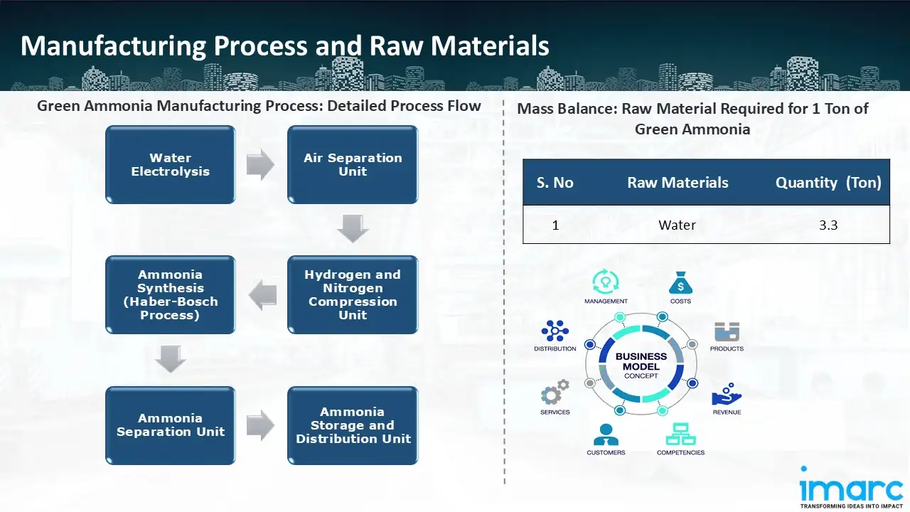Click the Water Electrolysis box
171,165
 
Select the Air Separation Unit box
353,165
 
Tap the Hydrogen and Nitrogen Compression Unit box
353,295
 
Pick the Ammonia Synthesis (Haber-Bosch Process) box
171,295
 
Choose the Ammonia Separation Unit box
171,425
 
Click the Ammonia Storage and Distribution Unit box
353,425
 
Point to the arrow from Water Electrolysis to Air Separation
260,165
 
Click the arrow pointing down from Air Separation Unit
353,228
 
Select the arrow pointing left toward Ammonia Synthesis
262,295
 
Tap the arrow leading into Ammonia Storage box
260,425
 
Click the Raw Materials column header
678,183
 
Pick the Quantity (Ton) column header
828,183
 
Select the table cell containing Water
677,225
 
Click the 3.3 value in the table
828,225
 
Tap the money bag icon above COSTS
680,284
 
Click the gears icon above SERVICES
555,393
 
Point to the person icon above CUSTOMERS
606,434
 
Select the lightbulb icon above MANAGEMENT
606,282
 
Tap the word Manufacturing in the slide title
114,46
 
